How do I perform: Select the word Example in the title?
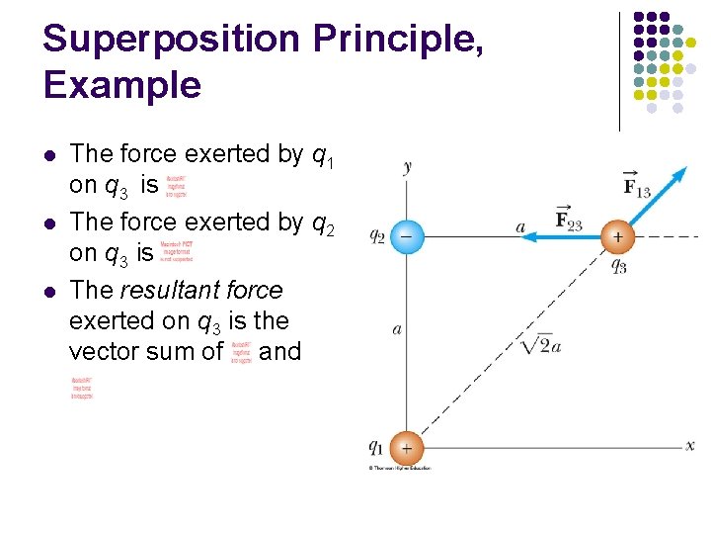pos(121,86)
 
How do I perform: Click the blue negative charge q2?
pos(405,236)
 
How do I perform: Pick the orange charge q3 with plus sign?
pos(618,236)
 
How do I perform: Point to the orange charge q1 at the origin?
pos(405,446)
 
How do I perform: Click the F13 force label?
pos(637,184)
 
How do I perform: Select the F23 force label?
pos(568,221)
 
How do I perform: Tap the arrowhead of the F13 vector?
pos(680,173)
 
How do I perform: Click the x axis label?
pos(690,446)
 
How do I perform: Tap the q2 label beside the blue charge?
pos(377,237)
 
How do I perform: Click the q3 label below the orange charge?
pos(619,265)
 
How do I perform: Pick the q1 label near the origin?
pos(376,447)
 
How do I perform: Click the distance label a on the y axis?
pos(396,328)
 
